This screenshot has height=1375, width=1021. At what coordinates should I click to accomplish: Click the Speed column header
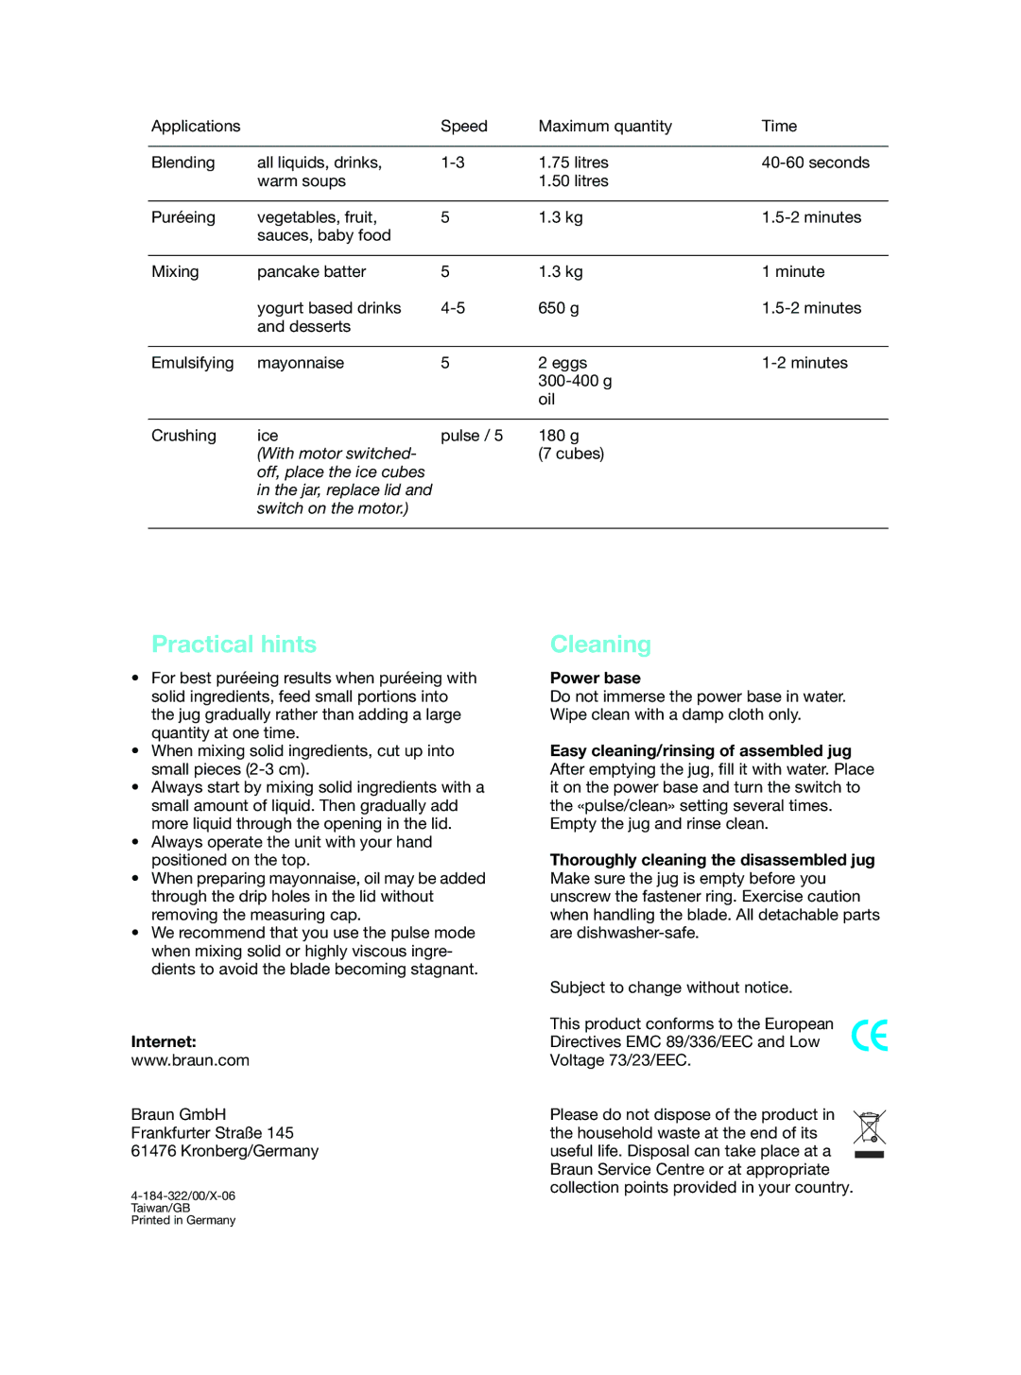(x=463, y=126)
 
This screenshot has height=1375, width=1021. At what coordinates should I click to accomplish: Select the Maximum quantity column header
(x=605, y=126)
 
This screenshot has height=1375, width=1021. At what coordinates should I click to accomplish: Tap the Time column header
(x=779, y=126)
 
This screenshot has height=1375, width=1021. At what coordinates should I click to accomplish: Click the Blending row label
(x=182, y=163)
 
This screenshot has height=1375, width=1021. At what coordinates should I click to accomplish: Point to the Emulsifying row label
(x=192, y=363)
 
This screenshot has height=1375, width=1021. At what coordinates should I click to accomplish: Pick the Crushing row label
(x=183, y=436)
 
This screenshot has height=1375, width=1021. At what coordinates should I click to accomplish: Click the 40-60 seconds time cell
(x=815, y=163)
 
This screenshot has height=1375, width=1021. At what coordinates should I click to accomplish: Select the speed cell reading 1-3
(x=452, y=163)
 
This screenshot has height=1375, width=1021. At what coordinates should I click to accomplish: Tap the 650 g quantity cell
(x=559, y=308)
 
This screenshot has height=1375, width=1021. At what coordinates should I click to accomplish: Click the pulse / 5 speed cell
(x=471, y=436)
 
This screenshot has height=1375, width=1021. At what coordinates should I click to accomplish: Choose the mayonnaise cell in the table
(x=301, y=363)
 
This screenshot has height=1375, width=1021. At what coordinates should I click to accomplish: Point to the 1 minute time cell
(x=793, y=272)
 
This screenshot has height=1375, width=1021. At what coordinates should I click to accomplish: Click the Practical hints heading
(x=234, y=645)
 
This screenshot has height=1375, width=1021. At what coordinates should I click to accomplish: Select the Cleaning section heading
(x=600, y=645)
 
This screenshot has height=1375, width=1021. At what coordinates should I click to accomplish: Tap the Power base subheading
(x=595, y=679)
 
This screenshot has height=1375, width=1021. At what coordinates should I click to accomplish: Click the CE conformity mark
(x=869, y=1036)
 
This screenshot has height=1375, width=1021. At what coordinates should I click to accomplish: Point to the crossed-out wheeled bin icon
(x=869, y=1133)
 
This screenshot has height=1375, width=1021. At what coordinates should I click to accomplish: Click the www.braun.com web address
(x=190, y=1060)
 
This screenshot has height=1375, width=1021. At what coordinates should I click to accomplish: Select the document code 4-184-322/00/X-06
(x=183, y=1195)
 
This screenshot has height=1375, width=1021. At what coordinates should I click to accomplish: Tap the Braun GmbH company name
(x=179, y=1115)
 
